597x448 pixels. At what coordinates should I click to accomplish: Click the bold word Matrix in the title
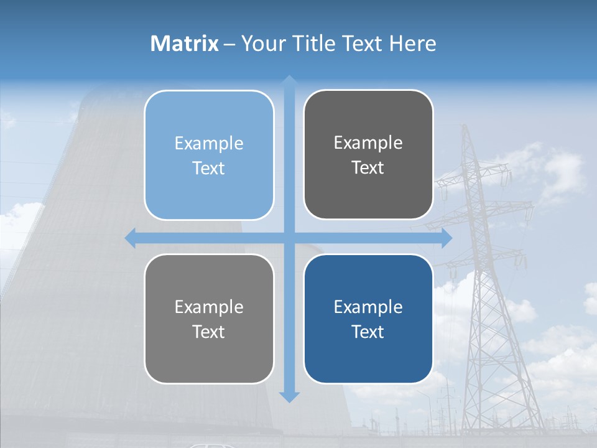(185, 44)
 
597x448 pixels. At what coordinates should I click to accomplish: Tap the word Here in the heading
(412, 44)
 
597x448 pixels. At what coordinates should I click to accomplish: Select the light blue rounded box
(209, 156)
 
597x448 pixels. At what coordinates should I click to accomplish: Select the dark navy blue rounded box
(368, 319)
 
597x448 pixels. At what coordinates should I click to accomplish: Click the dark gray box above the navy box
(368, 155)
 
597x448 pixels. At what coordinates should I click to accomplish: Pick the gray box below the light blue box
(209, 319)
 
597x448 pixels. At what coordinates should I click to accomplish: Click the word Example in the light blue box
(209, 144)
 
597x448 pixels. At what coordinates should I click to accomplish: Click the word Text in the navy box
(368, 332)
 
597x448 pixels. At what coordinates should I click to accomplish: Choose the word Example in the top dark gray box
(368, 143)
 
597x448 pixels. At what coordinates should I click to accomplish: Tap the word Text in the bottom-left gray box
(209, 332)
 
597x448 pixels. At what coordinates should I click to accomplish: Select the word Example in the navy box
(368, 307)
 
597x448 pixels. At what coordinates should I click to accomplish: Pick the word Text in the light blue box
(209, 168)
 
